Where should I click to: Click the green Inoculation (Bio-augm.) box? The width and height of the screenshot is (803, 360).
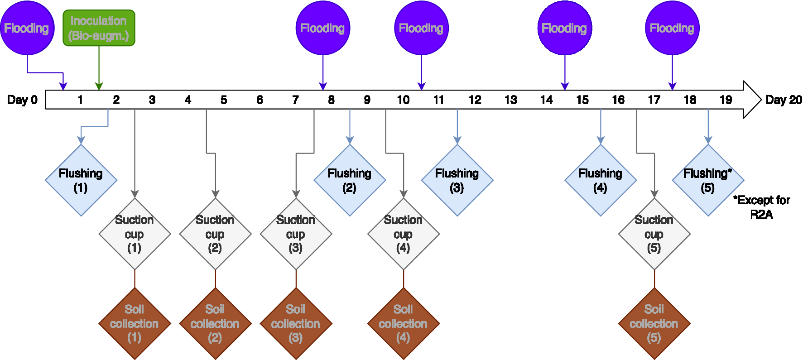tap(99, 28)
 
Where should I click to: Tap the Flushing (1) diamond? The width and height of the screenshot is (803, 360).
tap(81, 180)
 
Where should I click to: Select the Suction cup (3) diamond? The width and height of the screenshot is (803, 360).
tap(296, 234)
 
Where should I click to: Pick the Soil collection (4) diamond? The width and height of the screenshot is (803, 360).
tap(403, 323)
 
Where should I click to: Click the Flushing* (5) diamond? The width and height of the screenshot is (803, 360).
tap(708, 180)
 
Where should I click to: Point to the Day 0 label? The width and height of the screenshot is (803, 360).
tap(22, 100)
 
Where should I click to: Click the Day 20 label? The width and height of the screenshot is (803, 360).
tap(784, 100)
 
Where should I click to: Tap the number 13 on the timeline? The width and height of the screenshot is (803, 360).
tap(510, 100)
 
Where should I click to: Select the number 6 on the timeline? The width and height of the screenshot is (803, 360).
tap(260, 100)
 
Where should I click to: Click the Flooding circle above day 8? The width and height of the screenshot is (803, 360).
tap(322, 28)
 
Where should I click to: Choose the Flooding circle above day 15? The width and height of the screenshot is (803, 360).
tap(564, 28)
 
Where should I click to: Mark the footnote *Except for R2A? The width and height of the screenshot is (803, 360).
tap(762, 207)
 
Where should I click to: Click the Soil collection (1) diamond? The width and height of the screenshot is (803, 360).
tap(135, 323)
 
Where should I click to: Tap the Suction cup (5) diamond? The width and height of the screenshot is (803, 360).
tap(654, 234)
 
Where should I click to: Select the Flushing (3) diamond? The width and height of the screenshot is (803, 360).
tap(457, 180)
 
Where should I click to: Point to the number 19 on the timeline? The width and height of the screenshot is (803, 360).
tap(726, 100)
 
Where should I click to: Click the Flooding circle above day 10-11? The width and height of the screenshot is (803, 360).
tap(421, 28)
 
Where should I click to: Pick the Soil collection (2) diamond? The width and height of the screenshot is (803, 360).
tap(215, 323)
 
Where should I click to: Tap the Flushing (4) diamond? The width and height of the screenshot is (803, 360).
tap(601, 180)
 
